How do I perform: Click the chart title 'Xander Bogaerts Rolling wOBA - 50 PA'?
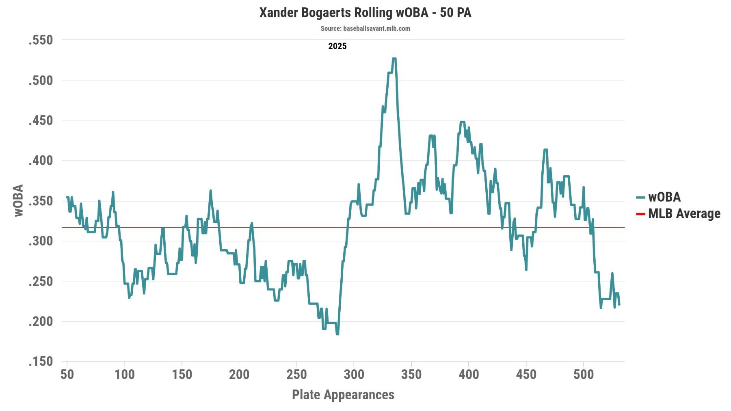[x=365, y=13]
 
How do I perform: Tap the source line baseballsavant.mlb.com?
[x=365, y=28]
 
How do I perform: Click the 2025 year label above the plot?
[x=337, y=46]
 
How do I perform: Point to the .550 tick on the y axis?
[x=41, y=40]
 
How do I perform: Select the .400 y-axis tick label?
[x=41, y=161]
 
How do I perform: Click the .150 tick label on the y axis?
[x=41, y=362]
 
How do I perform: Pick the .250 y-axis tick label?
[x=41, y=281]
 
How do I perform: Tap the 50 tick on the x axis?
[x=67, y=374]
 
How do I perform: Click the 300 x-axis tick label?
[x=354, y=374]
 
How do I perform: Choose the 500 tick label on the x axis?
[x=583, y=374]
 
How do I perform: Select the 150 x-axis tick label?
[x=182, y=374]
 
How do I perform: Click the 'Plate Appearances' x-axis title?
[x=343, y=395]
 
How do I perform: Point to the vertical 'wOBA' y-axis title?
[x=19, y=200]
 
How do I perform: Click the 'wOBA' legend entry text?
[x=664, y=197]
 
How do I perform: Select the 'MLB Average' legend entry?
[x=684, y=213]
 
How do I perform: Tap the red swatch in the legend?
[x=640, y=214]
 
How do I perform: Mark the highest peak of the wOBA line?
[x=394, y=59]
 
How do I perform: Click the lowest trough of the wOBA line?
[x=337, y=334]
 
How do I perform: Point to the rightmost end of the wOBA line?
[x=619, y=304]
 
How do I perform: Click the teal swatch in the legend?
[x=640, y=198]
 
